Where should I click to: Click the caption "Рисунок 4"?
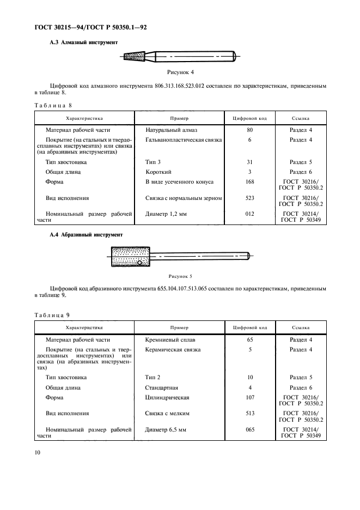180,71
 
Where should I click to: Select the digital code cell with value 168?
250,181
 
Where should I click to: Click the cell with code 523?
250,198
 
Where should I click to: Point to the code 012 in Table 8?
250,214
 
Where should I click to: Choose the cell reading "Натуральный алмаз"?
172,130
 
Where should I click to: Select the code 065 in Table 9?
250,429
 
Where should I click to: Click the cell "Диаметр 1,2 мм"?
166,214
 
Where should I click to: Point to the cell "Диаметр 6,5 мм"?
166,429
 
